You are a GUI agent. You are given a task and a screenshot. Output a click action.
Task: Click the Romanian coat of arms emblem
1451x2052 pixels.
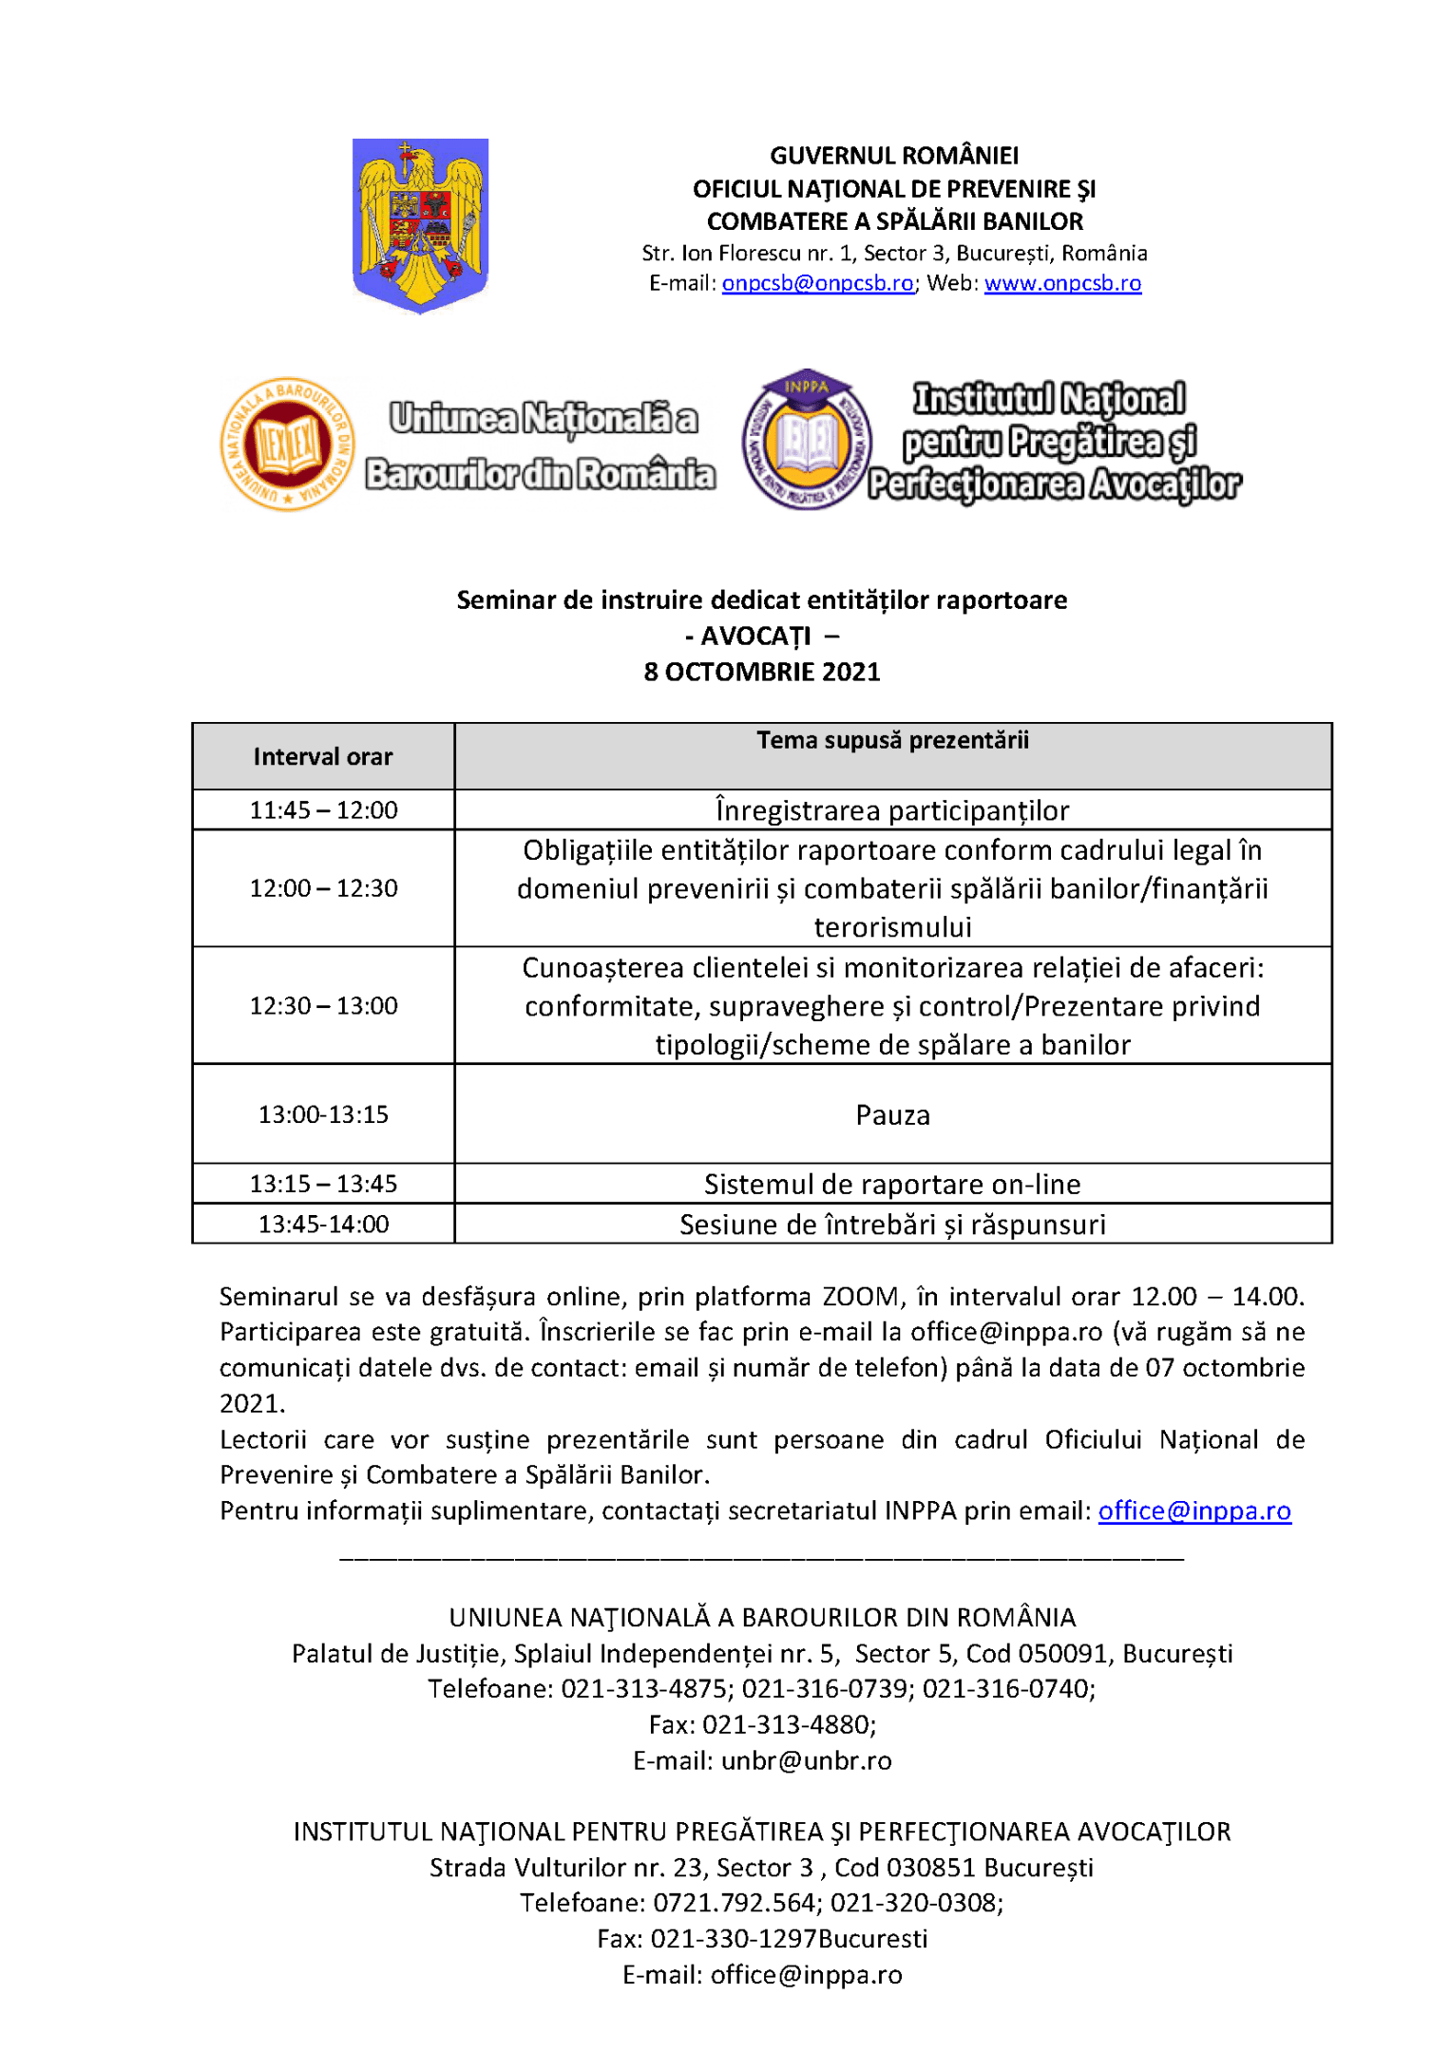tap(420, 224)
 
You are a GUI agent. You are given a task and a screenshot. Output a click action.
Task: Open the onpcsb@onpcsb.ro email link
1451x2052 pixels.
tap(817, 283)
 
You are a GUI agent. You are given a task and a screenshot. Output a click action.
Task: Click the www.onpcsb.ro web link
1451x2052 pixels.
tap(1062, 283)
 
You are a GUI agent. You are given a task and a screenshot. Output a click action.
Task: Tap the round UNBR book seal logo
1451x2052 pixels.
tap(287, 444)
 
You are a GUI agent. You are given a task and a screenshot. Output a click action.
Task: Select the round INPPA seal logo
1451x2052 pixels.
tap(806, 439)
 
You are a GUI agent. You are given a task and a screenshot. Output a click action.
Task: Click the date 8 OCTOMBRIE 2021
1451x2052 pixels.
tap(761, 672)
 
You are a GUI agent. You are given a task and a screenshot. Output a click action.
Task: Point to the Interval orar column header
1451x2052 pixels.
tap(323, 756)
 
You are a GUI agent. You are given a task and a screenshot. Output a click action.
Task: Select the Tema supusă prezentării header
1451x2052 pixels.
tap(892, 740)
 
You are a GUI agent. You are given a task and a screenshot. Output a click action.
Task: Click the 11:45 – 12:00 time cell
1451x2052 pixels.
tap(323, 810)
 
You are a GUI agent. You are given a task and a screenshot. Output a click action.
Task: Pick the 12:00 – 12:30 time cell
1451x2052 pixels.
tap(323, 888)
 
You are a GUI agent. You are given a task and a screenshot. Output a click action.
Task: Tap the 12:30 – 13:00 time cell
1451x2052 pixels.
tap(323, 1005)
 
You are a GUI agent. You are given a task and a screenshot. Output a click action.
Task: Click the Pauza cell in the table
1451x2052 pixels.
tap(892, 1114)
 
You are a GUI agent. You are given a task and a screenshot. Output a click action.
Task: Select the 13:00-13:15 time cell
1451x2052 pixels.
tap(323, 1114)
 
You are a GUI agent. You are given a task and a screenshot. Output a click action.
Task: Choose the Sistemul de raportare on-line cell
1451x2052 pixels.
tap(892, 1184)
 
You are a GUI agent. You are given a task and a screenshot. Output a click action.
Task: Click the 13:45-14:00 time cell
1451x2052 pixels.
tap(323, 1224)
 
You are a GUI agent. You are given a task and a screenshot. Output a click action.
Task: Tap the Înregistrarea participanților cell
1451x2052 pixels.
tap(892, 810)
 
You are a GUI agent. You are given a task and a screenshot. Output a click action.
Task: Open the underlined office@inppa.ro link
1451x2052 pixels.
tap(1194, 1510)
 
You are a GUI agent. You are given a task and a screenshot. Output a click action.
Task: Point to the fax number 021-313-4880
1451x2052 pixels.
tap(787, 1724)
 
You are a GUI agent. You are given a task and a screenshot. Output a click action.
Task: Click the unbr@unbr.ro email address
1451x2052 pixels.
tap(806, 1760)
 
